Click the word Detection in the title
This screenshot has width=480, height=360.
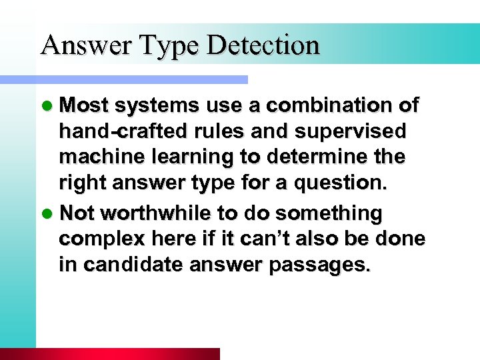point(263,45)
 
